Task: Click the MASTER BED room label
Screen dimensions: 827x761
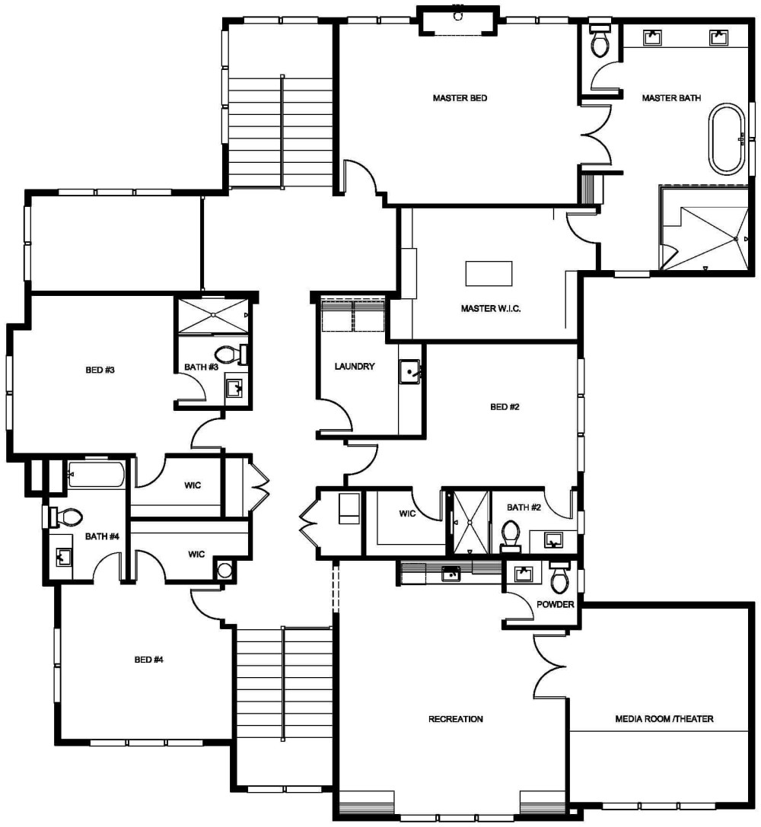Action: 460,98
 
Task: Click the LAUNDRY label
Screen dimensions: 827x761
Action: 355,367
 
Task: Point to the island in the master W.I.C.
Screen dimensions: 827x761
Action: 489,272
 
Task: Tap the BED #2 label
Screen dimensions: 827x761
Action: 505,407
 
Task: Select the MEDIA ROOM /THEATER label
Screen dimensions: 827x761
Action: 664,719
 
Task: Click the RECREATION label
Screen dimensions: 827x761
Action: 456,719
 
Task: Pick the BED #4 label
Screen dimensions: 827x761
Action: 149,660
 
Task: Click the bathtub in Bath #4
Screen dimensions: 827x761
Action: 96,475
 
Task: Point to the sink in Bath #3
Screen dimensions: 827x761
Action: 236,390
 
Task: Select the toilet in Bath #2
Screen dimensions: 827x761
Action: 510,534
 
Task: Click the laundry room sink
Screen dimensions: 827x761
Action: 412,373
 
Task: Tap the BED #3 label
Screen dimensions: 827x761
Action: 100,371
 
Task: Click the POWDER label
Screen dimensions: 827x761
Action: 556,605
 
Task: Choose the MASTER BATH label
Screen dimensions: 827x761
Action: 671,98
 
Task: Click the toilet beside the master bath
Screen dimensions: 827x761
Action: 600,42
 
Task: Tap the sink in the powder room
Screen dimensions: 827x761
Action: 523,574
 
